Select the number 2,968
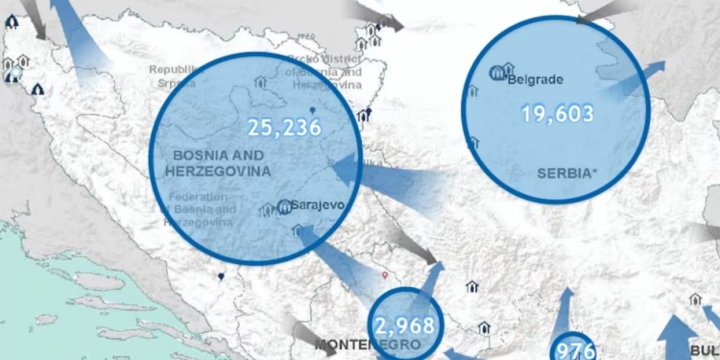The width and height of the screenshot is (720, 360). tap(405, 325)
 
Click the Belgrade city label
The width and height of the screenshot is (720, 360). tap(535, 80)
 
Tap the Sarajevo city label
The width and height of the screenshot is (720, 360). tap(316, 205)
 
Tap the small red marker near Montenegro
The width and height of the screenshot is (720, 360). tap(385, 276)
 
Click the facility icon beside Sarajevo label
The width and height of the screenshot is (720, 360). tap(284, 206)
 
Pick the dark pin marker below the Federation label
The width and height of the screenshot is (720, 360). tap(221, 277)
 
